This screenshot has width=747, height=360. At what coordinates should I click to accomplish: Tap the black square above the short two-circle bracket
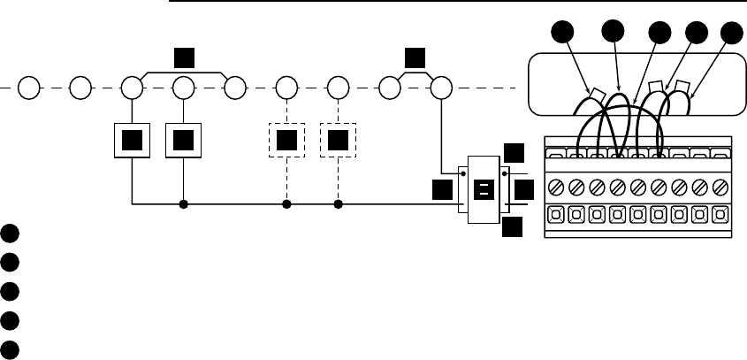coord(415,59)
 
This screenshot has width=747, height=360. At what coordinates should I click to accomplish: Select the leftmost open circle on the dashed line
coord(29,88)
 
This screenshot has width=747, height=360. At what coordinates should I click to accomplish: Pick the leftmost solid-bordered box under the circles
coord(132,141)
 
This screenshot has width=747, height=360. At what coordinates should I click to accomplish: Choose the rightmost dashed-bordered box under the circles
coord(338,141)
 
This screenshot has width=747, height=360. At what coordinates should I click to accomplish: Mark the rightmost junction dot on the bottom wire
coord(339,203)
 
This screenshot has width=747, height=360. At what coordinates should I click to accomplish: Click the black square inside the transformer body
coord(484,189)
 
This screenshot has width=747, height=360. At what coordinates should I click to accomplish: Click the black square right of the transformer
coord(524,190)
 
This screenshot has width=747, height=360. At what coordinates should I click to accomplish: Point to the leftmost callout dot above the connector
coord(560,35)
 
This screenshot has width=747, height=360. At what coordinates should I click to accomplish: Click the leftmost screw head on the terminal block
coord(557,188)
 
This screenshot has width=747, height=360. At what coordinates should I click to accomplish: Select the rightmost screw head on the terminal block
coord(721,188)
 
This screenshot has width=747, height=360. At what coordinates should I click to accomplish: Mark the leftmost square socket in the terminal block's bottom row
coord(557,214)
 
